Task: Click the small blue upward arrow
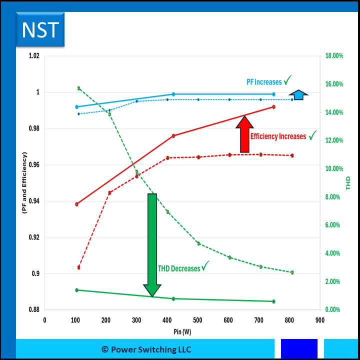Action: tap(298, 94)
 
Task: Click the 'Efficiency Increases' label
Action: tap(278, 136)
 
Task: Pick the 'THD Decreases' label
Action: tap(179, 268)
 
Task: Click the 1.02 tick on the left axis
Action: tap(33, 56)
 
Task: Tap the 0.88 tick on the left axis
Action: tap(33, 310)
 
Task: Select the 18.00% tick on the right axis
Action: tap(334, 56)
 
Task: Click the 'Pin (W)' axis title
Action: tap(182, 331)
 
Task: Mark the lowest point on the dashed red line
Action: tap(79, 267)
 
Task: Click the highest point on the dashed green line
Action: tap(79, 88)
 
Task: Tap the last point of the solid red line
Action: tap(273, 106)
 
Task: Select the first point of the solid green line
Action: tap(76, 290)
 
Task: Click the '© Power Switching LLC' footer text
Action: tap(146, 349)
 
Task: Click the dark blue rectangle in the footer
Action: tap(299, 349)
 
